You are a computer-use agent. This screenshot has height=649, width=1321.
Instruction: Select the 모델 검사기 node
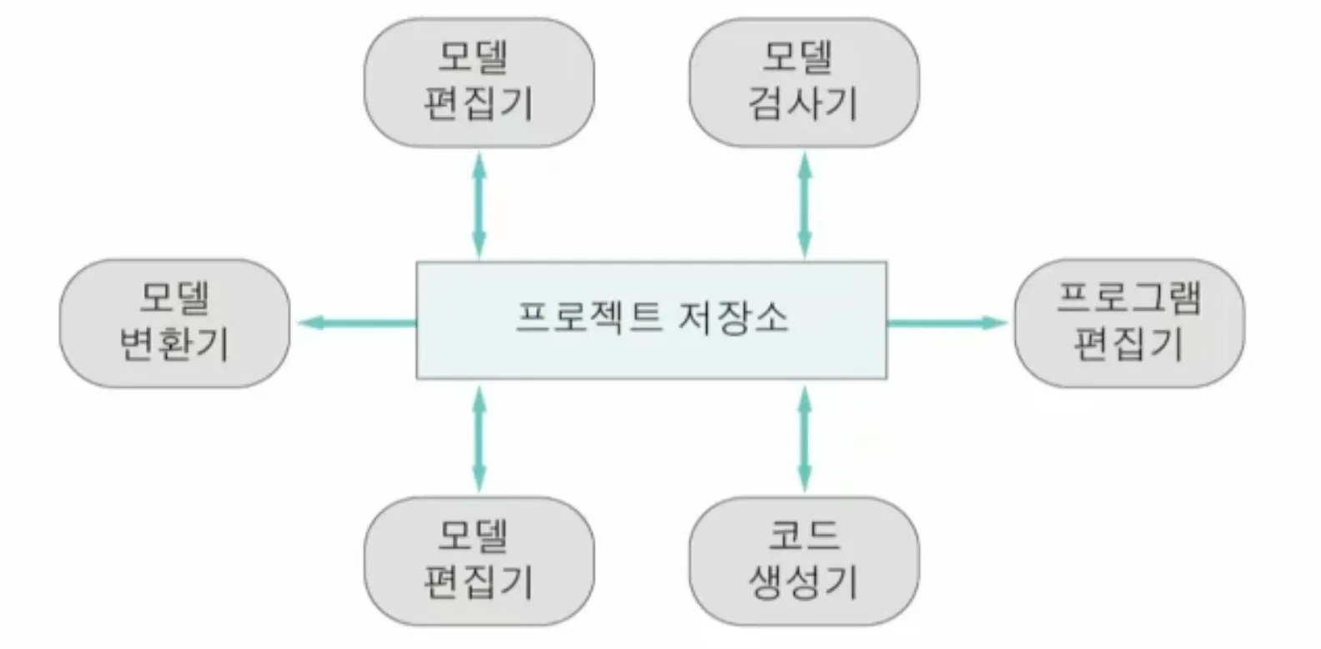click(804, 83)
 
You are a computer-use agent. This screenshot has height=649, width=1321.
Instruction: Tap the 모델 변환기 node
click(174, 323)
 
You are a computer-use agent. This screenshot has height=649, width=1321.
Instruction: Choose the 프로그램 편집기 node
click(1128, 323)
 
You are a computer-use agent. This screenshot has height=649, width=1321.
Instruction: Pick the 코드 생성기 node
click(804, 561)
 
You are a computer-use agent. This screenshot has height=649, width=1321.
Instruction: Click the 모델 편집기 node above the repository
click(479, 83)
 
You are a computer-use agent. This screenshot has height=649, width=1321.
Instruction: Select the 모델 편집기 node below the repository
click(479, 561)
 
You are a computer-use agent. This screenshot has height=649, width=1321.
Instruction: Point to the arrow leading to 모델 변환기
click(357, 322)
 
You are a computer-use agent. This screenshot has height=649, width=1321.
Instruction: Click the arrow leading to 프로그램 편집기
click(947, 322)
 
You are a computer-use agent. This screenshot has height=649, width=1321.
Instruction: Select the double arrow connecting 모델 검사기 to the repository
click(804, 204)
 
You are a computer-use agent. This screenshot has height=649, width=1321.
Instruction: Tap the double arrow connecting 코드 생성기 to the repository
click(804, 438)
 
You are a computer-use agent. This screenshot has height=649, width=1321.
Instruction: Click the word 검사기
click(802, 104)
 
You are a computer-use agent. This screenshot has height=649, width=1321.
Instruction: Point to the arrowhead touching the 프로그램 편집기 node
click(996, 322)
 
